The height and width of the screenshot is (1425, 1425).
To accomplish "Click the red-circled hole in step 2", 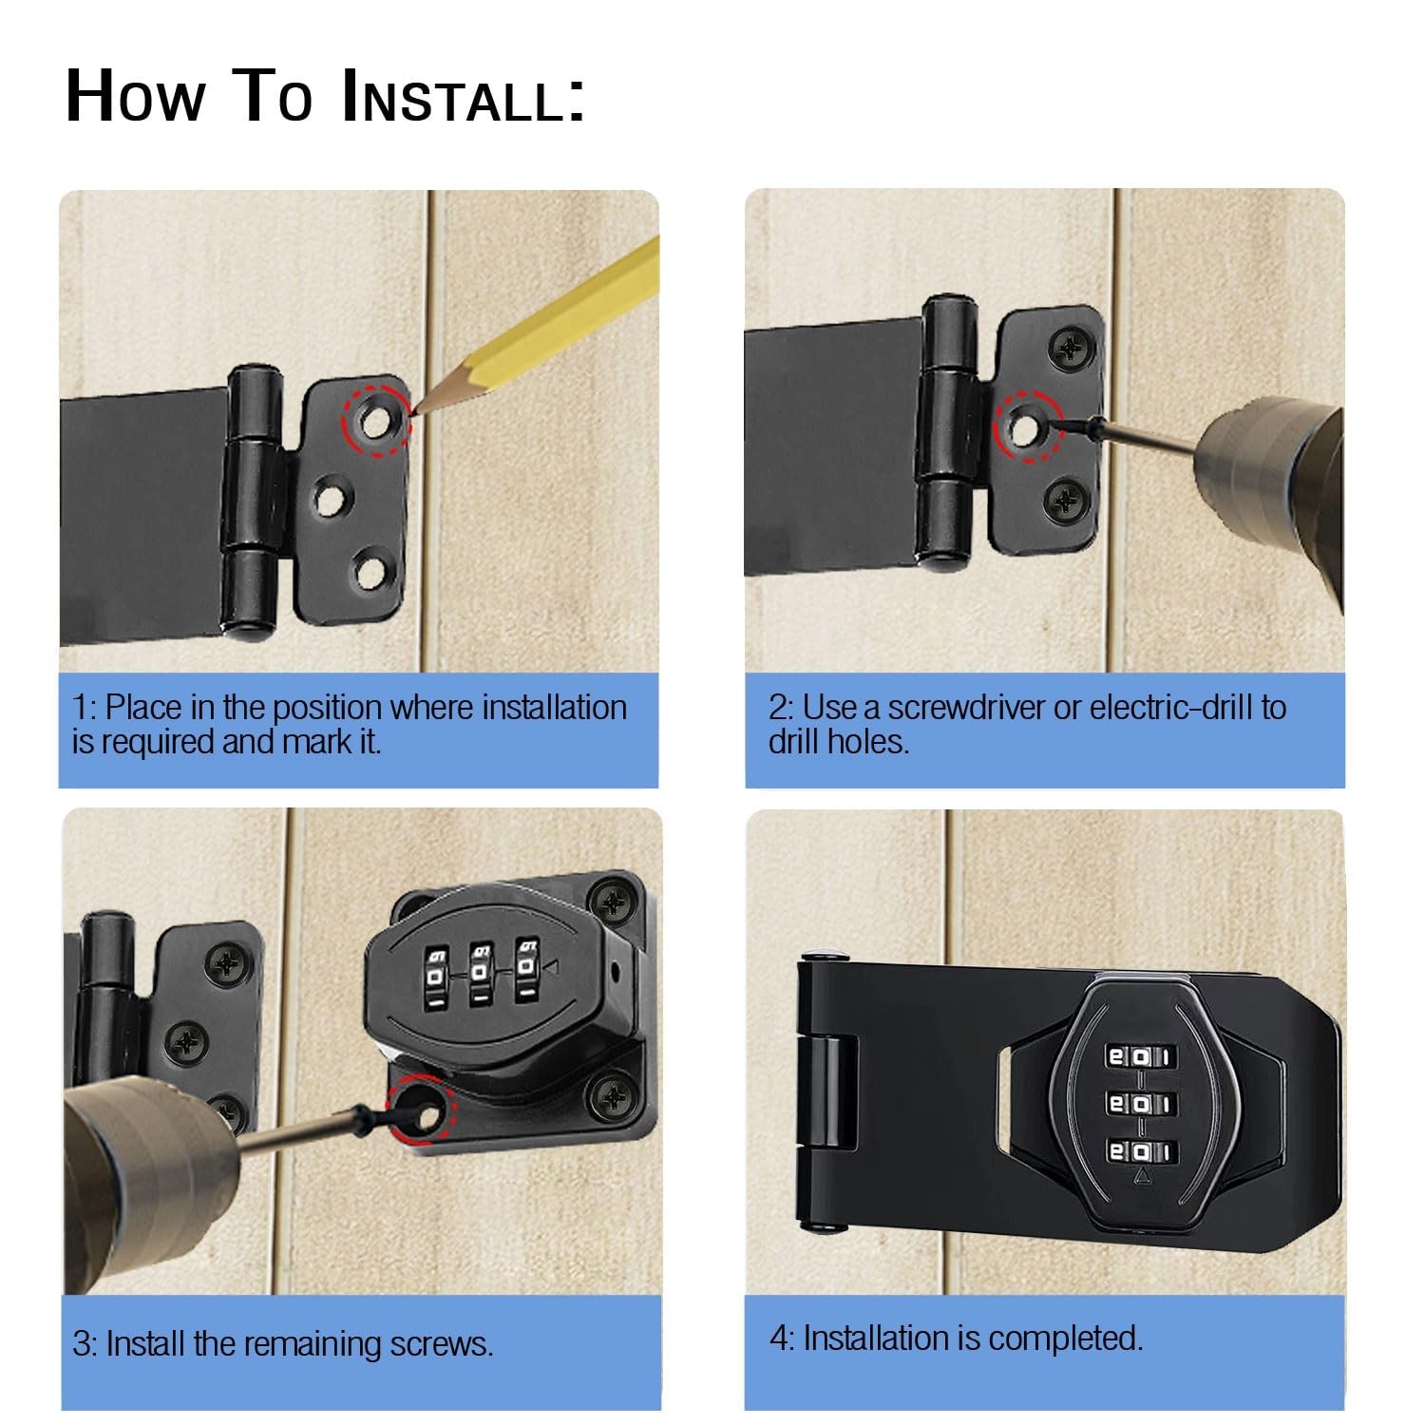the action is pyautogui.click(x=1022, y=429).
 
